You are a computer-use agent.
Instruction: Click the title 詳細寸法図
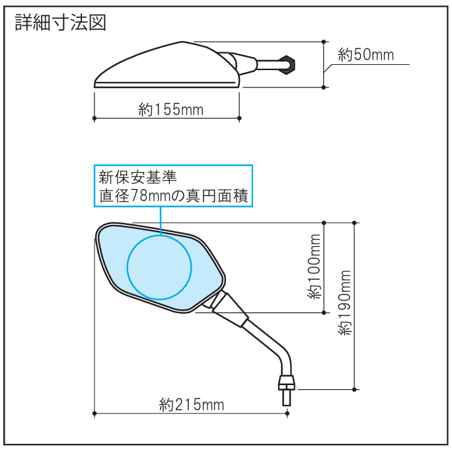tap(61, 22)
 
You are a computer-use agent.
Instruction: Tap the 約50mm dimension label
tap(366, 54)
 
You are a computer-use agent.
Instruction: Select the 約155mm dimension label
tap(170, 110)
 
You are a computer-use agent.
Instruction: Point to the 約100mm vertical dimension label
tap(314, 267)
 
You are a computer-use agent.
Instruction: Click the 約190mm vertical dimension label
tap(344, 302)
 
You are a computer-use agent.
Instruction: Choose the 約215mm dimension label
tap(192, 404)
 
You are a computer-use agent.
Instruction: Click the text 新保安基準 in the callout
tap(137, 177)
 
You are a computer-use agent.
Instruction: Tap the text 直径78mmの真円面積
tap(173, 196)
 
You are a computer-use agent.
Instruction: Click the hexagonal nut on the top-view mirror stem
tap(289, 66)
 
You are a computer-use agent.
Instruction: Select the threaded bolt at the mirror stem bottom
tap(286, 398)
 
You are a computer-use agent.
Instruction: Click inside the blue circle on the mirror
tap(159, 267)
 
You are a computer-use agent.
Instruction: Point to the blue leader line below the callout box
tap(161, 221)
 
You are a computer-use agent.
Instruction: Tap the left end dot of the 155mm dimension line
tap(94, 118)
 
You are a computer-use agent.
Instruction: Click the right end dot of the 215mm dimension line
tap(287, 414)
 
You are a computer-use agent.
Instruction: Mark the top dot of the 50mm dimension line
tap(324, 42)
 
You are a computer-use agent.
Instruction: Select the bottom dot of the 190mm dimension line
tap(354, 389)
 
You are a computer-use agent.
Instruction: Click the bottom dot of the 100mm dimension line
tap(324, 312)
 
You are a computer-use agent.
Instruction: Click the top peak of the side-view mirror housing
tap(182, 42)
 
